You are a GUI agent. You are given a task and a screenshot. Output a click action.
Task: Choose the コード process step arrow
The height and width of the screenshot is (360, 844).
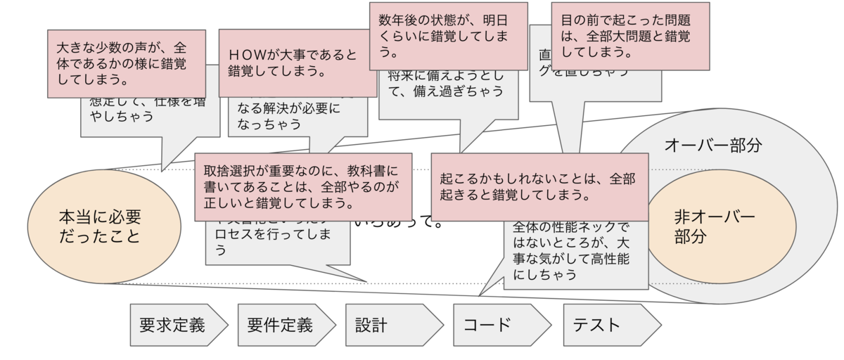tap(500, 325)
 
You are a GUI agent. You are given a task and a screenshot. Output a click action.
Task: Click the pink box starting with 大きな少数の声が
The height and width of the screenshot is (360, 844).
tap(127, 63)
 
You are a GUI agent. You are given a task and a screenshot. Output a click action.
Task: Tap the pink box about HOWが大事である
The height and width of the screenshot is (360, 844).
tap(298, 63)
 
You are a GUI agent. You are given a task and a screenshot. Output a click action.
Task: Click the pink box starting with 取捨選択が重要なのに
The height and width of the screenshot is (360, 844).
tap(302, 186)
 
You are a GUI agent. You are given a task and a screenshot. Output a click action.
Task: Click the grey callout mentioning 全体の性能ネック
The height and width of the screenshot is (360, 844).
tap(575, 253)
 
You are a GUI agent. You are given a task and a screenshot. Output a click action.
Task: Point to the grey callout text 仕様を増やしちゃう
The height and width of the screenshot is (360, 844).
tap(134, 109)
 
